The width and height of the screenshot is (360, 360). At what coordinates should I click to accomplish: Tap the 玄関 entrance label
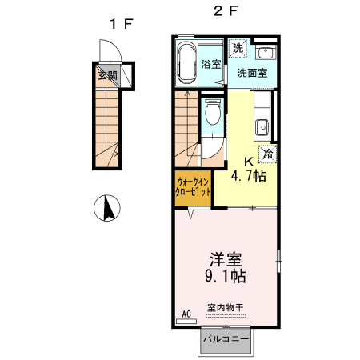[108, 77]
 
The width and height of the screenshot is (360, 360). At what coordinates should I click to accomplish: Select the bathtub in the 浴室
[187, 63]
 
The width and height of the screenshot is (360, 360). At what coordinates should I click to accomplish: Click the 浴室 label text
[211, 64]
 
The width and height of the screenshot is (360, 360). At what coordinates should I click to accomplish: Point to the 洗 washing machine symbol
[238, 49]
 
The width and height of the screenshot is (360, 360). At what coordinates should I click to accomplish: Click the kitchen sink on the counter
[262, 126]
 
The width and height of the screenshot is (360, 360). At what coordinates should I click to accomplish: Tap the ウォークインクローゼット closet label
[193, 187]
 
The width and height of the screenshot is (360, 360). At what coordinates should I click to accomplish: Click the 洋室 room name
[226, 259]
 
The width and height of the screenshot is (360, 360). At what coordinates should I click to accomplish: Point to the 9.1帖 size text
[226, 277]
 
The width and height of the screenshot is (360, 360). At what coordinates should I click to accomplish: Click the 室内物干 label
[226, 308]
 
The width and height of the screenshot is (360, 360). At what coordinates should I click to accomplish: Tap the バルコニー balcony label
[226, 339]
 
